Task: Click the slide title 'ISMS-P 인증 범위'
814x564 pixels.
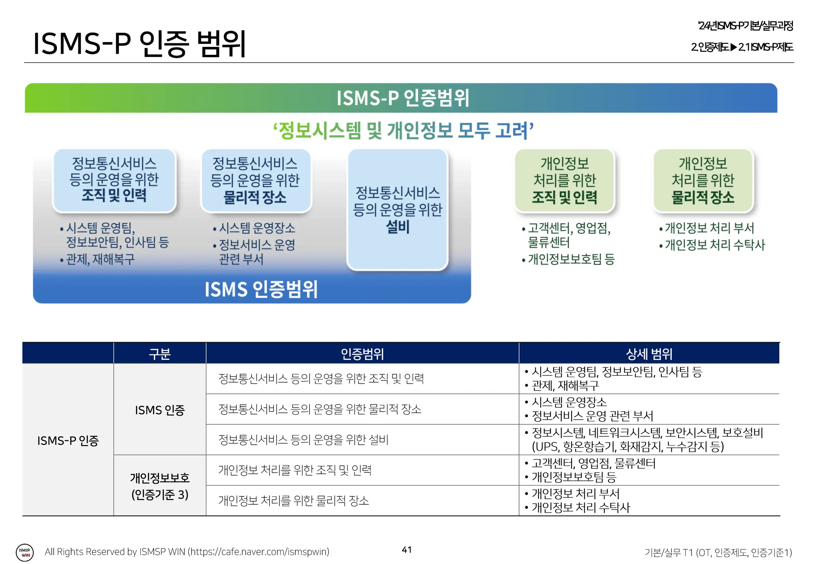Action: [140, 43]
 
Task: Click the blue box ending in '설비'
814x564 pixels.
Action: [397, 210]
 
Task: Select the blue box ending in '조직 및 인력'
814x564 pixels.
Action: [114, 180]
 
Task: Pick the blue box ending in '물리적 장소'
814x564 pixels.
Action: [255, 180]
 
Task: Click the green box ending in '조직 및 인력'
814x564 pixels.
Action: [564, 180]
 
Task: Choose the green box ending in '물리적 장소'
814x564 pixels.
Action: [703, 180]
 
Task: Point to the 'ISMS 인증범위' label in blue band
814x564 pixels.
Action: [261, 289]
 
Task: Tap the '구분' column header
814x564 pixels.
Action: [160, 354]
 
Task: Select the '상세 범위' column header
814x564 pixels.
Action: [649, 354]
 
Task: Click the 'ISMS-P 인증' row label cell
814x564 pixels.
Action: [68, 440]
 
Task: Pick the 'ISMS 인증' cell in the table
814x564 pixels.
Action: [160, 410]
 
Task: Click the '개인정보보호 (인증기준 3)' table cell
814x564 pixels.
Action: [160, 486]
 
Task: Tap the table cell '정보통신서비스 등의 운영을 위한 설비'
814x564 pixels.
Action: [303, 440]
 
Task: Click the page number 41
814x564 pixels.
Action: [407, 550]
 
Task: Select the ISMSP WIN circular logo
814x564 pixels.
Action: [25, 552]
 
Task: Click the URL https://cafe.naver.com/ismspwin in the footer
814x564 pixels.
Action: [258, 552]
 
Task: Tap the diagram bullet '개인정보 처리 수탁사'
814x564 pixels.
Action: [714, 245]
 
